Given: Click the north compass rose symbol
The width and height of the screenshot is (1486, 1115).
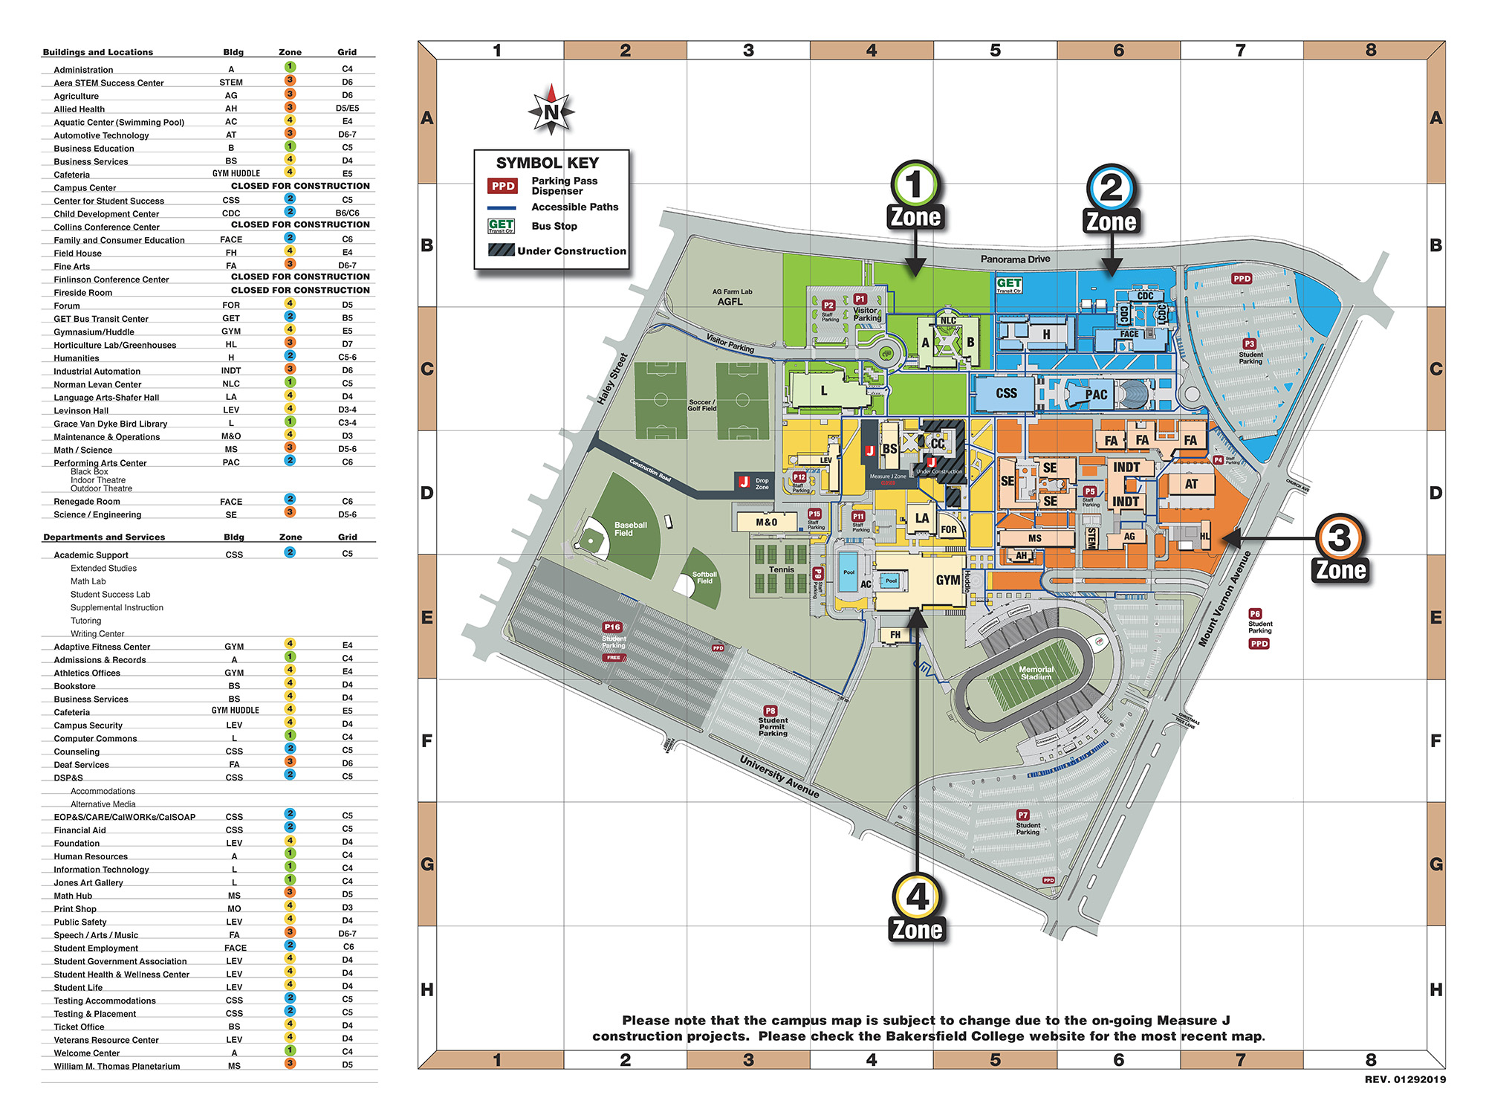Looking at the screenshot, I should (x=551, y=111).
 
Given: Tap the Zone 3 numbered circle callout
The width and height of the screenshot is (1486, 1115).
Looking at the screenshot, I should (x=1339, y=537).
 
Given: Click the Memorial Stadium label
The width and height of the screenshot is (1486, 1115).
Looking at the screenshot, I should (x=1036, y=673).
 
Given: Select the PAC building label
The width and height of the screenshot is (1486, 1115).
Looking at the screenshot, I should (x=1096, y=395).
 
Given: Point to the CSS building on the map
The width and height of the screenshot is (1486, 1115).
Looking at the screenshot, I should (x=1006, y=393).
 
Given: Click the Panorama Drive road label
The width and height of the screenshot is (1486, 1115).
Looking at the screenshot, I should (x=1015, y=259).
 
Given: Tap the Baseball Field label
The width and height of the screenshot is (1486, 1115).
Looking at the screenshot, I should (x=630, y=529).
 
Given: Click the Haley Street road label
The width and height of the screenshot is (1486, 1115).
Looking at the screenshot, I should (x=612, y=379).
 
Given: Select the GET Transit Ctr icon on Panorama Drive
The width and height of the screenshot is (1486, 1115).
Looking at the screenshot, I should (x=1009, y=285).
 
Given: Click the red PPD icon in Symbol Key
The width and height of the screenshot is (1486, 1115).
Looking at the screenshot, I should (x=503, y=186).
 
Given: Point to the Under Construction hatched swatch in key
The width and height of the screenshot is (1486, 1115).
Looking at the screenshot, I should (x=502, y=251).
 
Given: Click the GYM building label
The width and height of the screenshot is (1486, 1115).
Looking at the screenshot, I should (x=947, y=580).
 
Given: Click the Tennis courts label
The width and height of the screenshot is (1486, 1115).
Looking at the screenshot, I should (x=781, y=569).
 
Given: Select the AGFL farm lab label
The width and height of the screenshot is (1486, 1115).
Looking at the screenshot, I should (x=730, y=301).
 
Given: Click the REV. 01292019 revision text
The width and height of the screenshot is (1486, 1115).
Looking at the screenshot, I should (x=1404, y=1079).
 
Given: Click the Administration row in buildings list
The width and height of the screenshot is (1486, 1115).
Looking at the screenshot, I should (x=83, y=70).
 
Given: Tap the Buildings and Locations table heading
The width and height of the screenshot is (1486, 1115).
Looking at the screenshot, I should (x=98, y=52).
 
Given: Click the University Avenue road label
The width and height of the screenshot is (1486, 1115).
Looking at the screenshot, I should (x=779, y=777).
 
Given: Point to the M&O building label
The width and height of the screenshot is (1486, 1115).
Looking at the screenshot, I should (x=766, y=522).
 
